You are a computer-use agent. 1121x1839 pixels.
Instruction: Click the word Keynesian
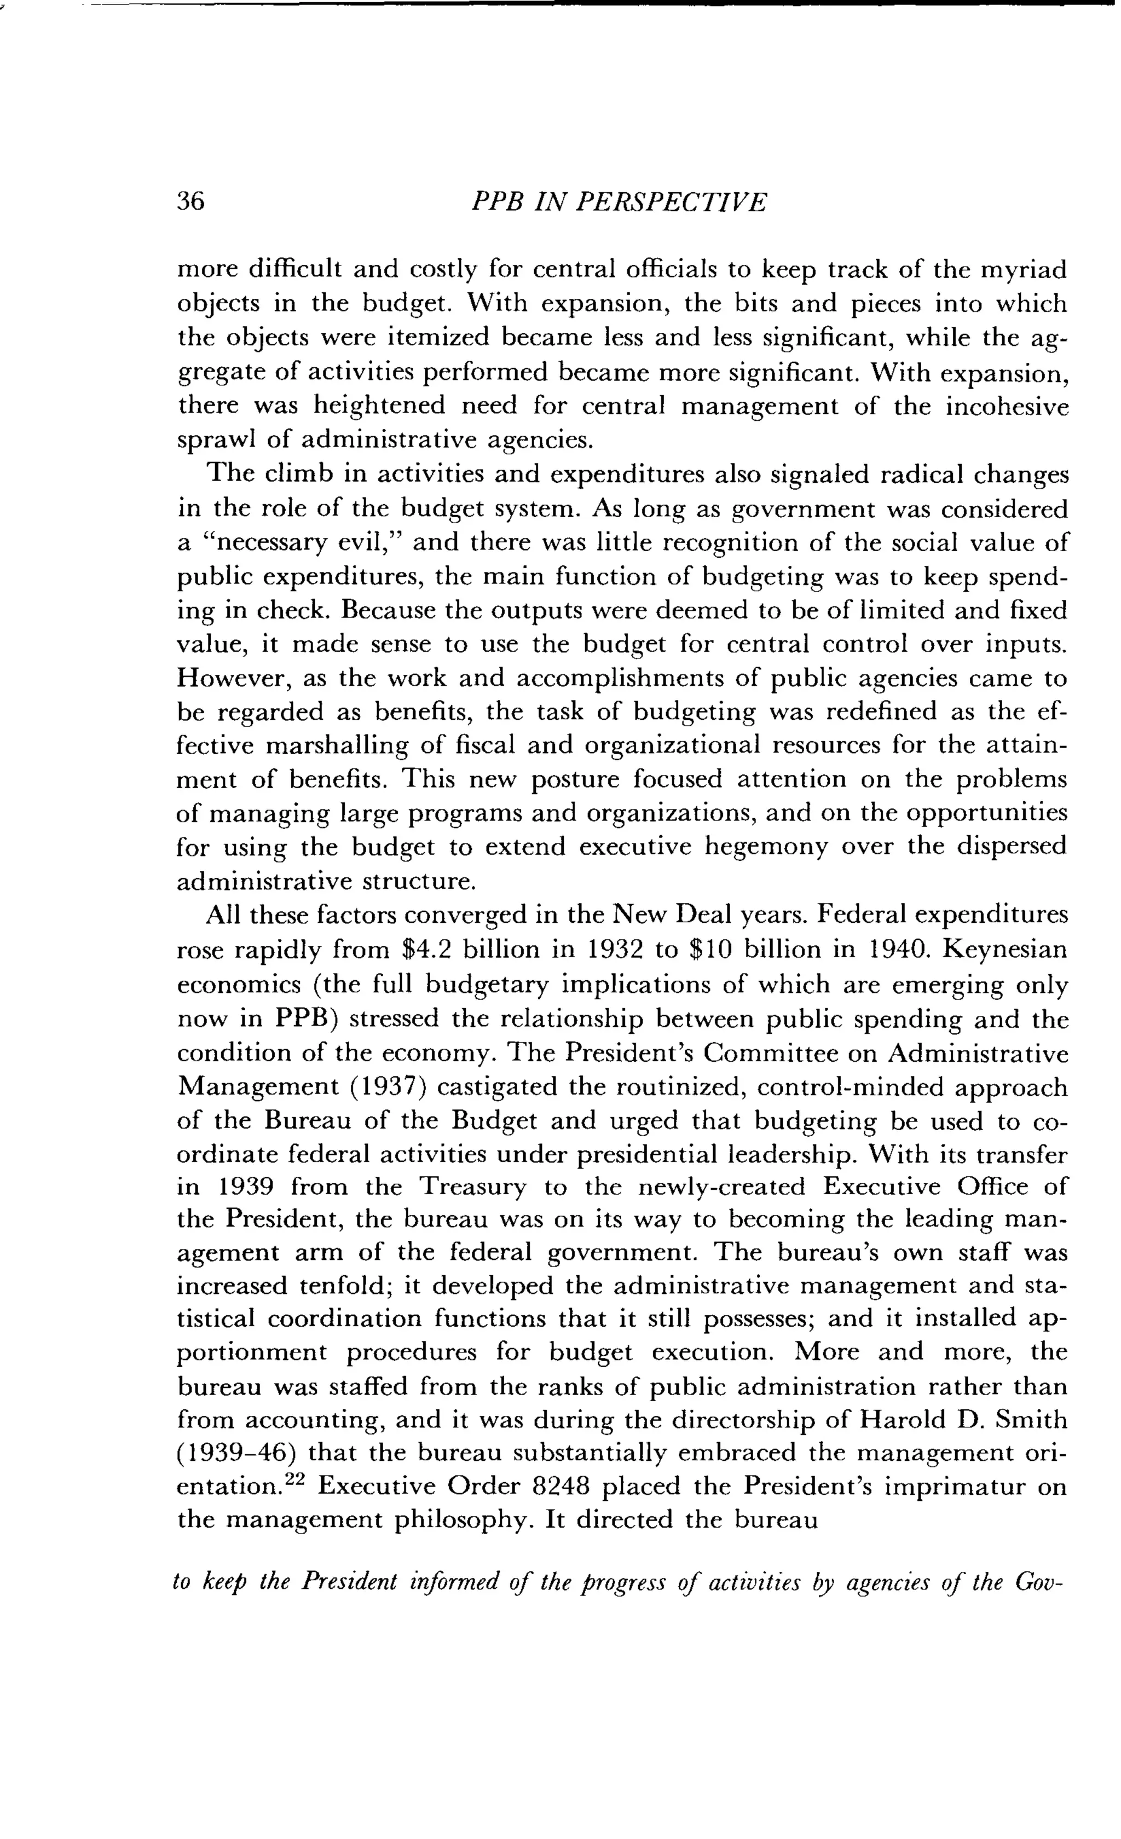pyautogui.click(x=1004, y=950)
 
